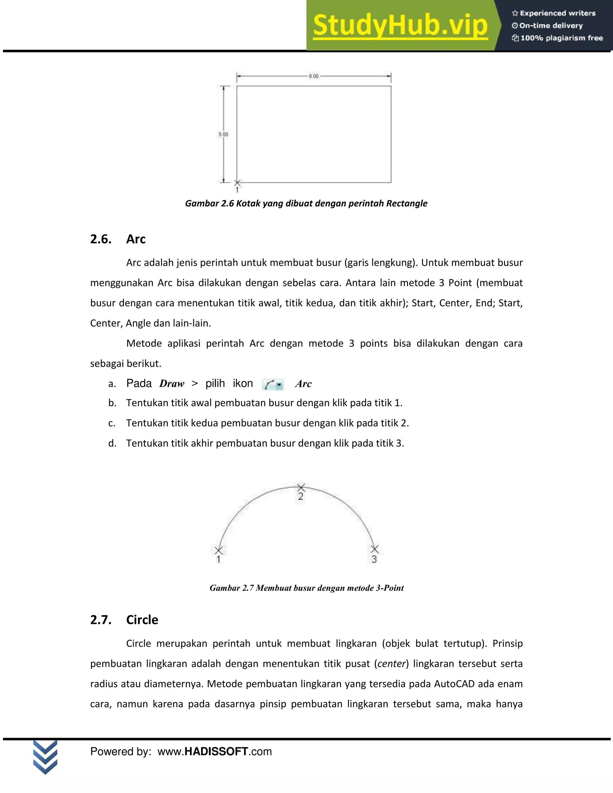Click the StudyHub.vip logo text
[x=400, y=25]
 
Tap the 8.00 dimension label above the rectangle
[x=313, y=76]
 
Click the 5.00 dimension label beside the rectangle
[x=223, y=134]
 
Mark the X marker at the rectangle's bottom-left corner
[x=237, y=183]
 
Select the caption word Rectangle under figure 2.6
[x=406, y=203]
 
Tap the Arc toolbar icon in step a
[x=272, y=384]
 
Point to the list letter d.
[x=112, y=443]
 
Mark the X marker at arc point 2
[x=301, y=487]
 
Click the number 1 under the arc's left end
[x=219, y=560]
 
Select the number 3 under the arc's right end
[x=374, y=560]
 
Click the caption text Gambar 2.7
[x=232, y=588]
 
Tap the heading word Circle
[x=142, y=620]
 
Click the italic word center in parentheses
[x=392, y=664]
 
